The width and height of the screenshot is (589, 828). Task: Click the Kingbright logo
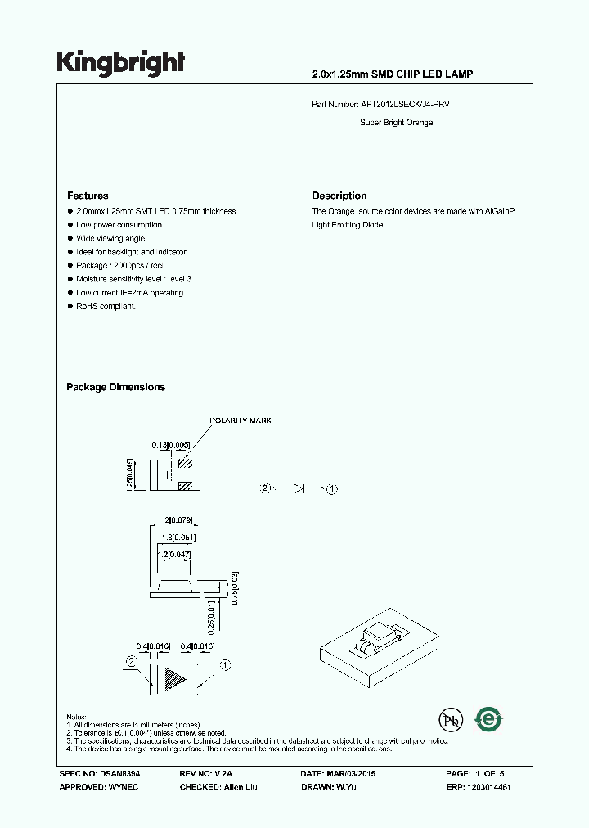(x=120, y=63)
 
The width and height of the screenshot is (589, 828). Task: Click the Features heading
(x=88, y=196)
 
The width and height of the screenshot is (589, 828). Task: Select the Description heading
(x=339, y=196)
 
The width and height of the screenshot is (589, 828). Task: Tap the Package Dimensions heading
(x=115, y=387)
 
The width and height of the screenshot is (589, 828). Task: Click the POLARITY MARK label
(x=241, y=421)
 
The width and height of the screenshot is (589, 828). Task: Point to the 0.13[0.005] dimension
(x=170, y=445)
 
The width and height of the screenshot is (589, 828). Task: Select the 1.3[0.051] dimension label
(x=178, y=538)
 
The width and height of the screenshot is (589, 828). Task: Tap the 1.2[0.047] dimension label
(x=175, y=555)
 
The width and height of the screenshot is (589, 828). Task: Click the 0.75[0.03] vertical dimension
(x=234, y=587)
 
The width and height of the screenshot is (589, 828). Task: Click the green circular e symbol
(x=489, y=719)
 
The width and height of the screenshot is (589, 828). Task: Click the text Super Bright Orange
(x=396, y=123)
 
